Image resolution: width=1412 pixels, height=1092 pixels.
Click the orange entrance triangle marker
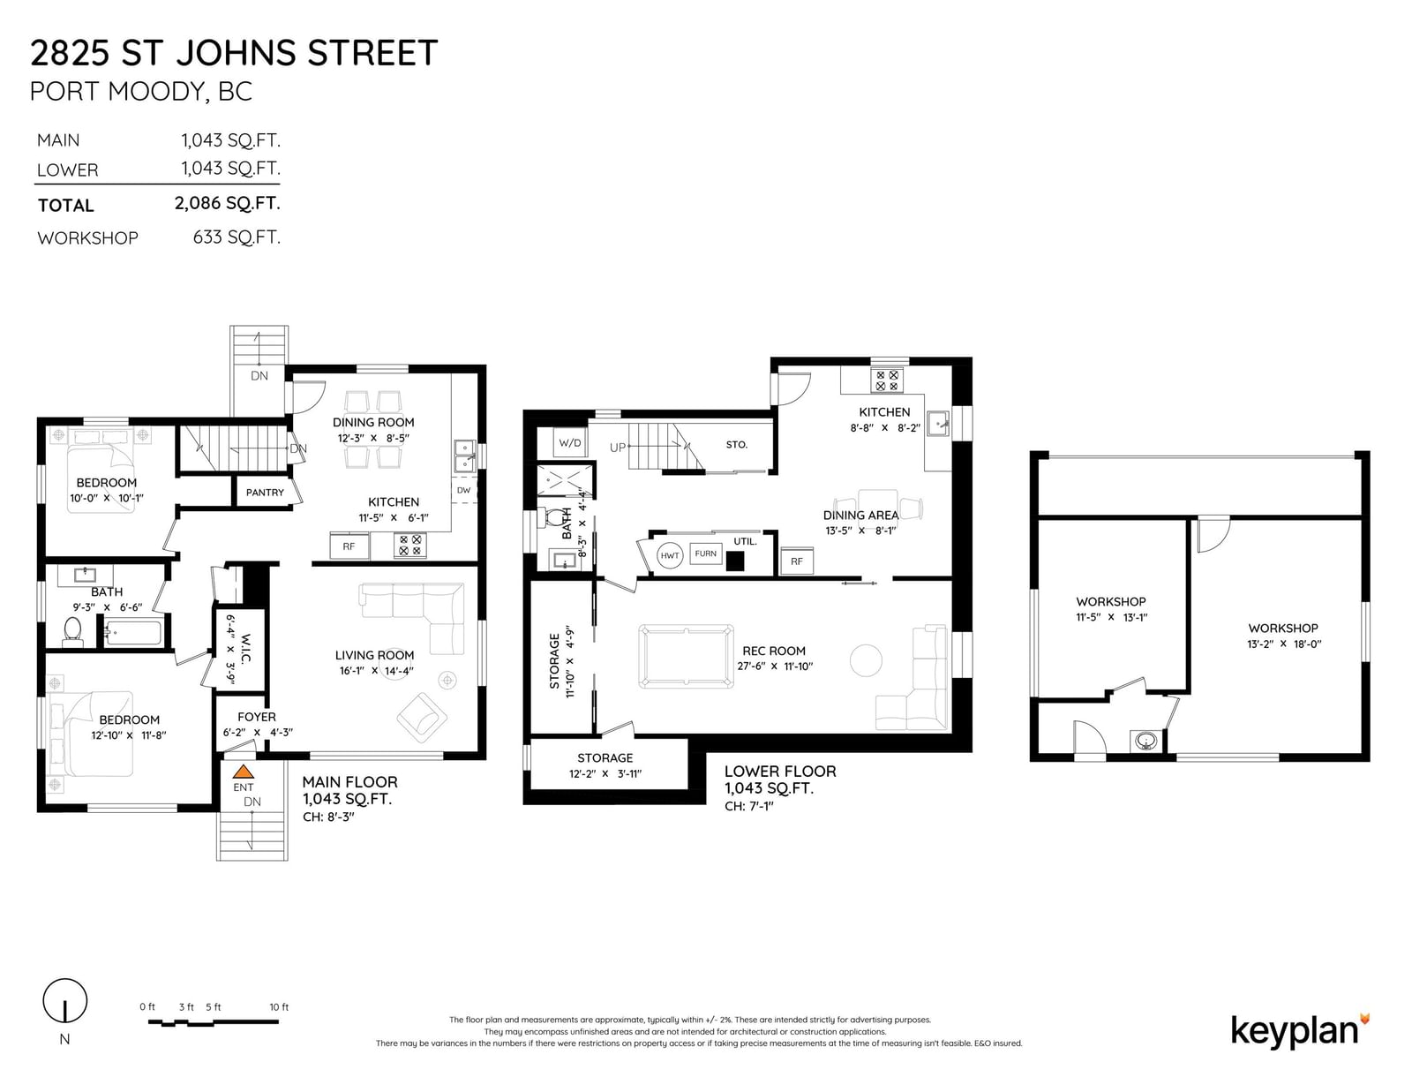[x=243, y=772]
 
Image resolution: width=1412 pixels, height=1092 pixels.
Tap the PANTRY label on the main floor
[x=265, y=493]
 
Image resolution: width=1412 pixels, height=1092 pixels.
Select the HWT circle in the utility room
[x=669, y=556]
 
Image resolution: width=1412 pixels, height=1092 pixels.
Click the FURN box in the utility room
[x=706, y=554]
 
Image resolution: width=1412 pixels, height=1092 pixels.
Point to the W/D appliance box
[x=570, y=443]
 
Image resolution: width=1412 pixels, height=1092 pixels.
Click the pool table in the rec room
[x=687, y=657]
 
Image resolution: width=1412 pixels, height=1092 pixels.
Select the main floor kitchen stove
[x=410, y=545]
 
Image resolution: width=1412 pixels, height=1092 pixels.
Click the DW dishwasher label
[x=463, y=490]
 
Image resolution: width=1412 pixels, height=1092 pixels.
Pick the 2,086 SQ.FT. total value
[x=227, y=203]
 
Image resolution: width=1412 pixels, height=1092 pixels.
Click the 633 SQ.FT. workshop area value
[x=237, y=237]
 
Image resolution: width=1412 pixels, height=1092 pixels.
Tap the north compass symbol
[x=65, y=1000]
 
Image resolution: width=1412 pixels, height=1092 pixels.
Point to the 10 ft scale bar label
[x=279, y=1007]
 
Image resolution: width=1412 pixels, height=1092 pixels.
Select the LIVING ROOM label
[x=374, y=655]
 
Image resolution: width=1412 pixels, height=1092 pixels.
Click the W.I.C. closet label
[x=245, y=648]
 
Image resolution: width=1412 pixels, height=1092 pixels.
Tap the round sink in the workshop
[x=1145, y=740]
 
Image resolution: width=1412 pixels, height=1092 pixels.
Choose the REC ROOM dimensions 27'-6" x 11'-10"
[x=775, y=666]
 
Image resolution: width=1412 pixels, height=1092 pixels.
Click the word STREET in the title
[x=372, y=53]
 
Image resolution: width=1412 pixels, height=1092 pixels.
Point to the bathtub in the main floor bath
[x=133, y=633]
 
